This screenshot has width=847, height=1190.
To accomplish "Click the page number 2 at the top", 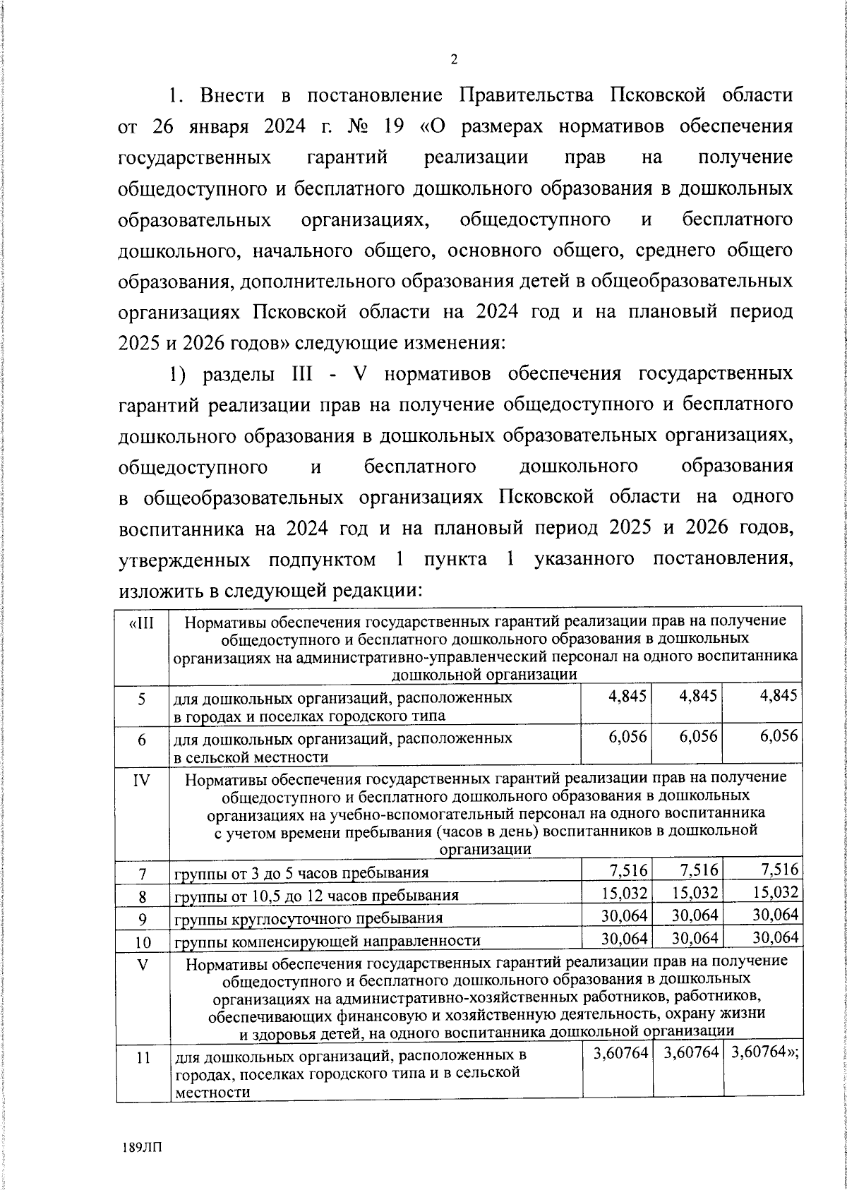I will [454, 60].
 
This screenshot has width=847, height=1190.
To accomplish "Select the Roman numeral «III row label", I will [142, 623].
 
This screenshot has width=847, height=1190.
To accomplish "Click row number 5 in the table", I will [142, 699].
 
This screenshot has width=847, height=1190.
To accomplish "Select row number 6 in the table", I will [142, 740].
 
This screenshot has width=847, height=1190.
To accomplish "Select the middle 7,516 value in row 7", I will [699, 869].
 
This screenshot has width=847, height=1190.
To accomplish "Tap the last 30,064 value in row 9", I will [775, 915].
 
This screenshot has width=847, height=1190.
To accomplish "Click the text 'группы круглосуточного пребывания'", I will [309, 918].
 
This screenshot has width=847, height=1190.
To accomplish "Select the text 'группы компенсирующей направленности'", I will [328, 941].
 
